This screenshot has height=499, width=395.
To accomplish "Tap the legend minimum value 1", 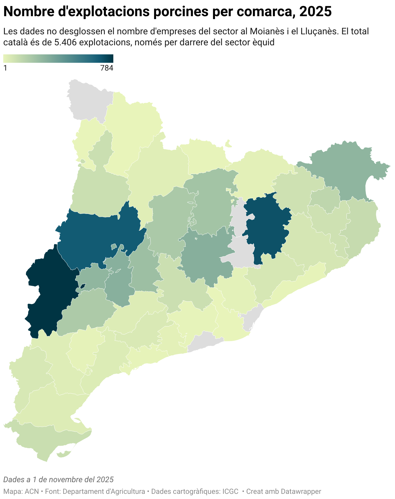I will pyautogui.click(x=5, y=68).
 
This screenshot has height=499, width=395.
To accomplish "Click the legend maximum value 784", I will pyautogui.click(x=107, y=68).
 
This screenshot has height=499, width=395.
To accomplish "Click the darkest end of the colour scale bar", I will pyautogui.click(x=111, y=58).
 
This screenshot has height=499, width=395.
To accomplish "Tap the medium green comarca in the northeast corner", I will pyautogui.click(x=346, y=168).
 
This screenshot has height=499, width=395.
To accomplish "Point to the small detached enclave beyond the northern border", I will pyautogui.click(x=229, y=143).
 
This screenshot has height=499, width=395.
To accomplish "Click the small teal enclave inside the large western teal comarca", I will pyautogui.click(x=114, y=247).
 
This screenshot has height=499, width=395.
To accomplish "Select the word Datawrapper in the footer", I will pyautogui.click(x=301, y=491).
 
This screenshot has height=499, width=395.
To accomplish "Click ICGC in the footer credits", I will pyautogui.click(x=230, y=491).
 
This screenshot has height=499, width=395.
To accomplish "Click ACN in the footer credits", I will pyautogui.click(x=32, y=491).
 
